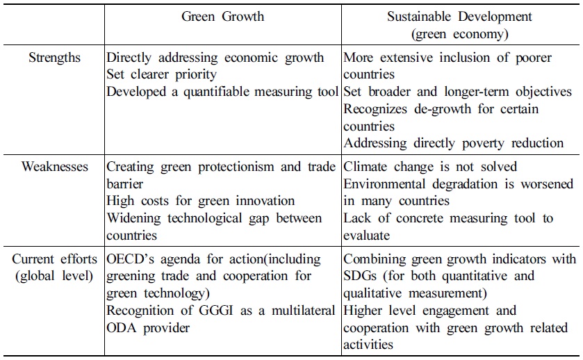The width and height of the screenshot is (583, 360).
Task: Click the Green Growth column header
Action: pyautogui.click(x=222, y=16)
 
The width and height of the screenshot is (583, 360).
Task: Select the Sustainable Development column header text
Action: pyautogui.click(x=459, y=16)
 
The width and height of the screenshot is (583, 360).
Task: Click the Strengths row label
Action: pyautogui.click(x=55, y=58)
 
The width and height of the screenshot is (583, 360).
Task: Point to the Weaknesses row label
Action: pyautogui.click(x=55, y=167)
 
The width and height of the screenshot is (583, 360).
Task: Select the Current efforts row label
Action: pyautogui.click(x=55, y=259)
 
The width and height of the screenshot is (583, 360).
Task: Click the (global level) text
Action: pyautogui.click(x=55, y=276)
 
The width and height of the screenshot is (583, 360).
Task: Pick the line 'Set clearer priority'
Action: pyautogui.click(x=161, y=74)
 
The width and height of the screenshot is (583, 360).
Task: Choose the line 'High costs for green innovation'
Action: pyautogui.click(x=200, y=201)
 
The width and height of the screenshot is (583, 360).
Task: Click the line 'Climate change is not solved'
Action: pyautogui.click(x=430, y=167)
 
